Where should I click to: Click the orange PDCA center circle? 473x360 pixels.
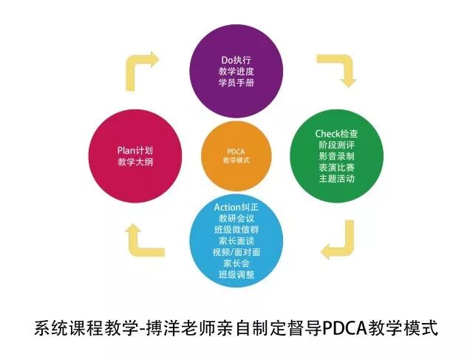click(236, 155)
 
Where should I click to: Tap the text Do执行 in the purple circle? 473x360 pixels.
click(236, 58)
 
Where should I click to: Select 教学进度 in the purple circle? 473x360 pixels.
click(236, 72)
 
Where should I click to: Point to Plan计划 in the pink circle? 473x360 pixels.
click(134, 148)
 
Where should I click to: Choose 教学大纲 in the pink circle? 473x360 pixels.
click(134, 162)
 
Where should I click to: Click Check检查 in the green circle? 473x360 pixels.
click(336, 133)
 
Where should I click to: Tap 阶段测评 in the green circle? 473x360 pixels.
click(336, 146)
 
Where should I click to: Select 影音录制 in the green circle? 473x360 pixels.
click(336, 157)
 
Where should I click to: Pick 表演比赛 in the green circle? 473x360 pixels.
click(336, 169)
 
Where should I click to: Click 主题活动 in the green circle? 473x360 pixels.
click(336, 181)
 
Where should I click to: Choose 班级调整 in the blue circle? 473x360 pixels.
click(236, 276)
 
